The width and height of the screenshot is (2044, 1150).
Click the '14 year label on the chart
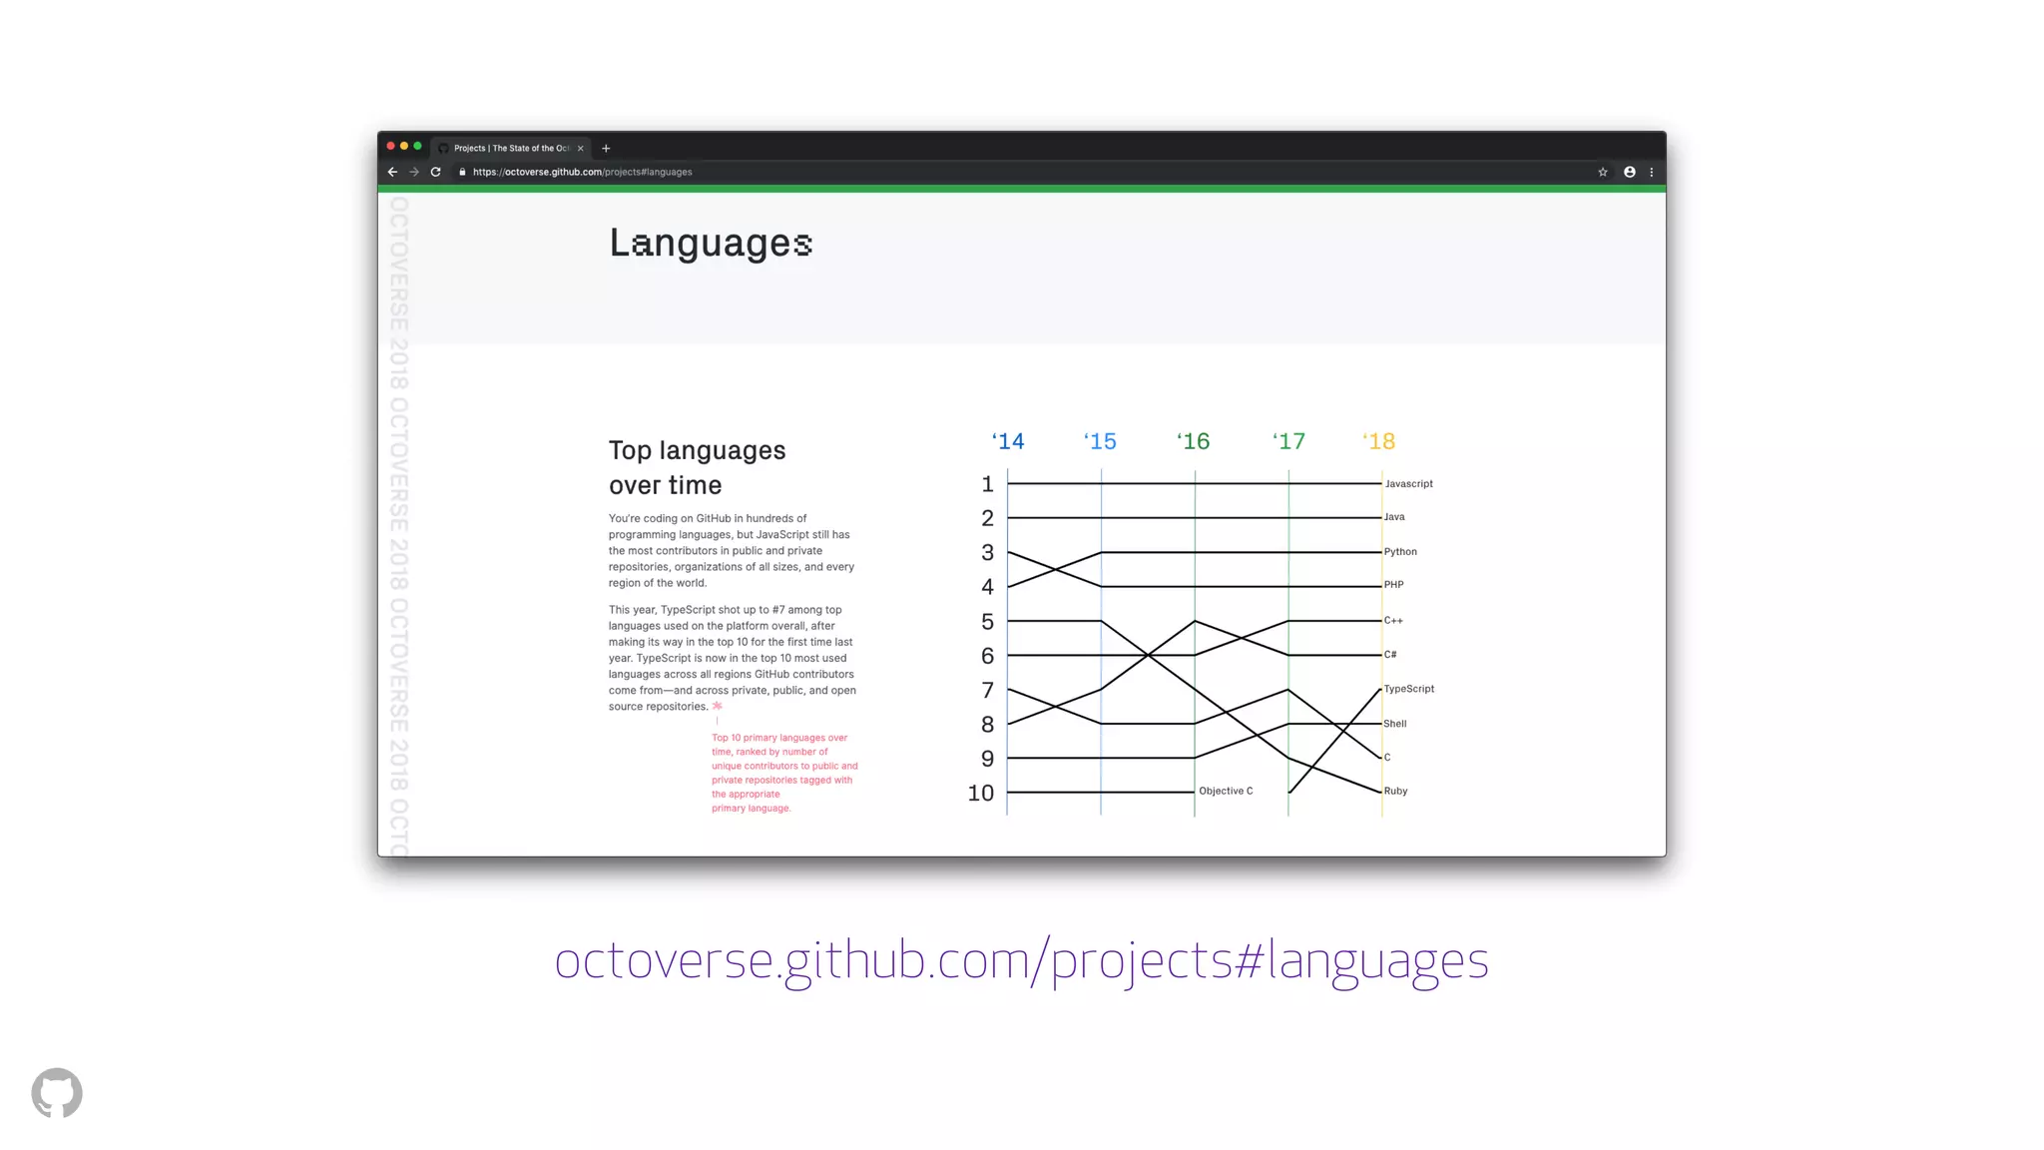tap(1008, 441)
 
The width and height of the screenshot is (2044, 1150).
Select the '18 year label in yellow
tap(1379, 441)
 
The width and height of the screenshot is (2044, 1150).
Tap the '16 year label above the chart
tap(1194, 441)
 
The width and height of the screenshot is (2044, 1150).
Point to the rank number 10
tap(981, 794)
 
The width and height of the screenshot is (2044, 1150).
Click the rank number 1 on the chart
tap(987, 484)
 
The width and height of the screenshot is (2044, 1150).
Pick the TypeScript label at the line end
tap(1408, 689)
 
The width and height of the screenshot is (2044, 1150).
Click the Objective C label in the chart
tap(1226, 791)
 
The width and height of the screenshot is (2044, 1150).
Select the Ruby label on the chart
tap(1395, 791)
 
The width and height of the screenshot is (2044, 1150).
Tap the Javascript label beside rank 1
tap(1408, 484)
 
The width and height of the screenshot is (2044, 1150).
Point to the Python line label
tap(1400, 552)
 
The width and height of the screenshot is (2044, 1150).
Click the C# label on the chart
tap(1390, 655)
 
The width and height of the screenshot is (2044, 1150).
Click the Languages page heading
tap(711, 244)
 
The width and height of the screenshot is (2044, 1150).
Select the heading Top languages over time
tap(697, 467)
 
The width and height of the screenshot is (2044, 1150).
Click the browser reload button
tap(435, 172)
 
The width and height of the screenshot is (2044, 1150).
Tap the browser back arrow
tap(392, 172)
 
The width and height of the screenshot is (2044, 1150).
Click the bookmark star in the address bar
tap(1603, 172)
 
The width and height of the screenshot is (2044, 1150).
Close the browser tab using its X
tap(580, 148)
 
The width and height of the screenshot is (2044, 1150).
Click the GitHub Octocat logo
tap(57, 1093)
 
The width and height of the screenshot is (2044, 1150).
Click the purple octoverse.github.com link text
tap(1021, 960)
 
